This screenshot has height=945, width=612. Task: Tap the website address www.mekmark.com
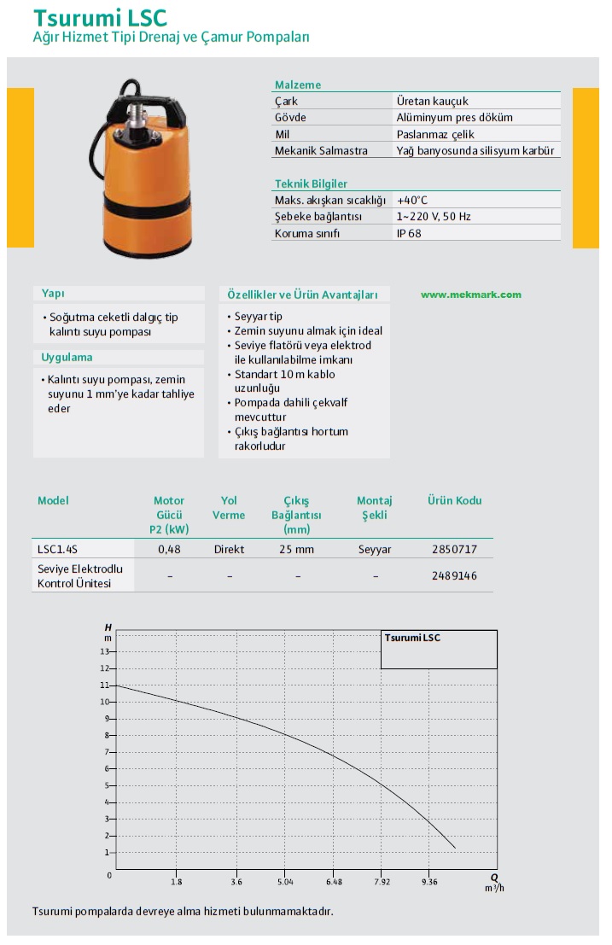point(470,295)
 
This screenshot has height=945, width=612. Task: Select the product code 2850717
point(455,550)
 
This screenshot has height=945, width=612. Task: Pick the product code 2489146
point(455,576)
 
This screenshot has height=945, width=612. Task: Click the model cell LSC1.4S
point(58,550)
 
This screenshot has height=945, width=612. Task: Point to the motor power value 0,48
point(169,550)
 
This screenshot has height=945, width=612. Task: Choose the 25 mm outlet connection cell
point(296,550)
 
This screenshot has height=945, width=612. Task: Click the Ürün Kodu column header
point(454,501)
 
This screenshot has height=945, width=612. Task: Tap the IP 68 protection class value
point(409,233)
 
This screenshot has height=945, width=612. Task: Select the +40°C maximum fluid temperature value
point(412,200)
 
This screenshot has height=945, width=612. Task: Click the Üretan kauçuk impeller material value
point(433,102)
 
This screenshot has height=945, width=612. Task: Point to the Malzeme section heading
point(298,85)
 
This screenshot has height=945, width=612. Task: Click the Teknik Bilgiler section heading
point(311,184)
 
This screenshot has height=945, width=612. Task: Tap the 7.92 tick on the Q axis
point(382,882)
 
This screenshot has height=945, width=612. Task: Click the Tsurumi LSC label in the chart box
point(412,638)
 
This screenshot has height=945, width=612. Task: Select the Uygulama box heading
point(67,358)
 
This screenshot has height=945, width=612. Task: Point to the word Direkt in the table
point(229,550)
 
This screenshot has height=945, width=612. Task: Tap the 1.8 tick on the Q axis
point(177,882)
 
